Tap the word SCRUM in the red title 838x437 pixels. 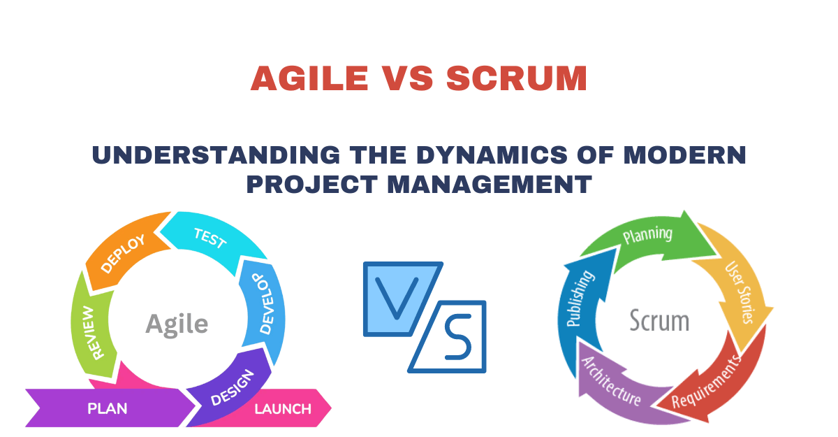tap(517, 78)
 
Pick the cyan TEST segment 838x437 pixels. tap(209, 240)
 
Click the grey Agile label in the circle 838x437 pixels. tap(177, 324)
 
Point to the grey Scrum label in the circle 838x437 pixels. tap(659, 321)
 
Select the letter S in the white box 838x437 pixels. tap(457, 338)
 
